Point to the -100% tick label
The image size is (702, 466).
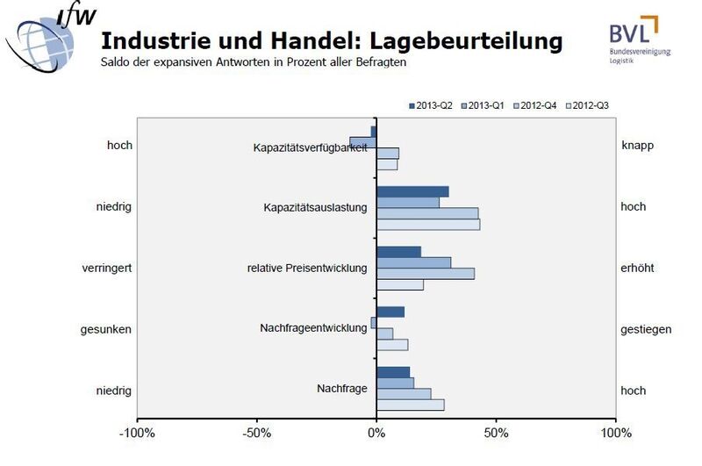click(137, 434)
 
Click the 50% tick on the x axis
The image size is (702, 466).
click(496, 434)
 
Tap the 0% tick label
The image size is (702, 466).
click(376, 434)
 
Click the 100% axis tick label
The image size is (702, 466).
click(616, 434)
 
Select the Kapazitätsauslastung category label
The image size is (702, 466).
click(315, 208)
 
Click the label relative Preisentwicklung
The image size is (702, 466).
click(307, 268)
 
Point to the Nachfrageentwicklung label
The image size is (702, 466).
click(313, 327)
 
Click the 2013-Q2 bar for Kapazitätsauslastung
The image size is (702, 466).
click(412, 191)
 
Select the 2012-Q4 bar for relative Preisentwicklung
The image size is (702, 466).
click(426, 274)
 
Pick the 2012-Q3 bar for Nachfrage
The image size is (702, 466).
click(410, 405)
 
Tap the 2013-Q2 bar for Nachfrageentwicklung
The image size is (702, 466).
click(390, 312)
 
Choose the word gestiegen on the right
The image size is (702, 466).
click(646, 329)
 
